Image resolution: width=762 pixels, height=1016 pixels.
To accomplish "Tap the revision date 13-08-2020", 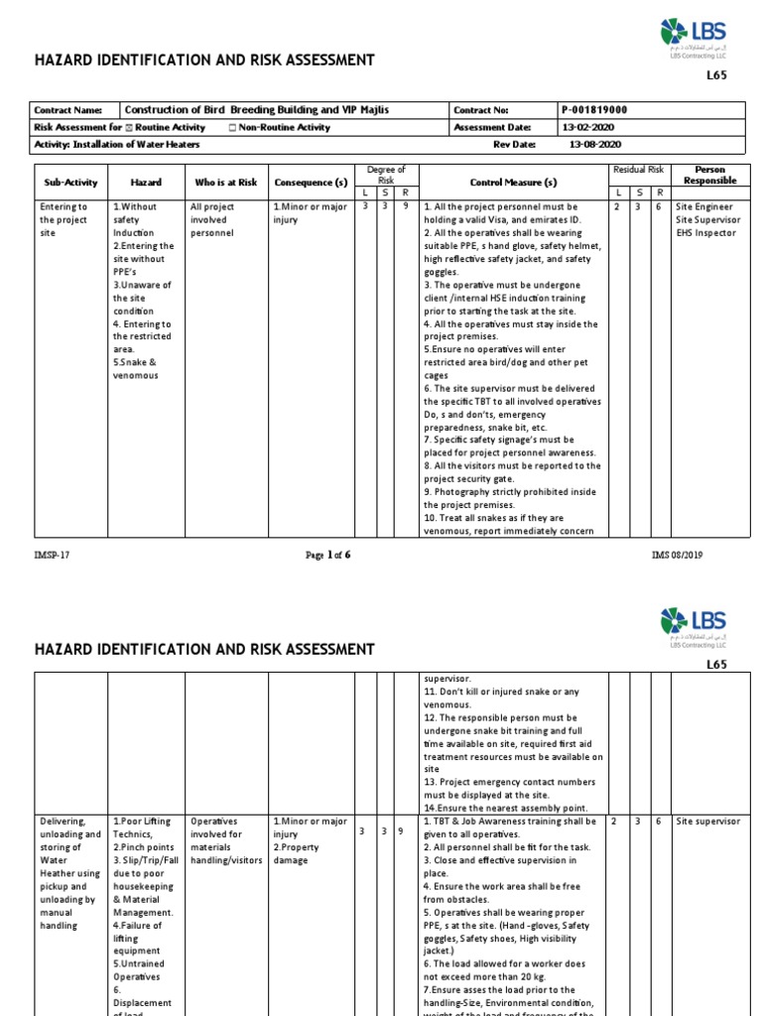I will (593, 144).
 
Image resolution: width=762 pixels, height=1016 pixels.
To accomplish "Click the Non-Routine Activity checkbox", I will (232, 128).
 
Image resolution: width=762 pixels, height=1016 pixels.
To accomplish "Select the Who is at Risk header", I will (225, 183).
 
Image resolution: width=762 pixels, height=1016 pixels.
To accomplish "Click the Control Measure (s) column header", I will (513, 183).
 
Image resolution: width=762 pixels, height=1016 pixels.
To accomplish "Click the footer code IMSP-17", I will (51, 555).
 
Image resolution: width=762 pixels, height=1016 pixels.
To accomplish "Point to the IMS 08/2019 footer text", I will (677, 555).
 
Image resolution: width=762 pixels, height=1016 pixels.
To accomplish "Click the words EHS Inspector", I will (705, 233).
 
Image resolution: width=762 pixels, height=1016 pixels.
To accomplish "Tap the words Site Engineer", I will (703, 206).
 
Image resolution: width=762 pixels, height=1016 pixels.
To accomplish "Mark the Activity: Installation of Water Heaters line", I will (117, 144).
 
